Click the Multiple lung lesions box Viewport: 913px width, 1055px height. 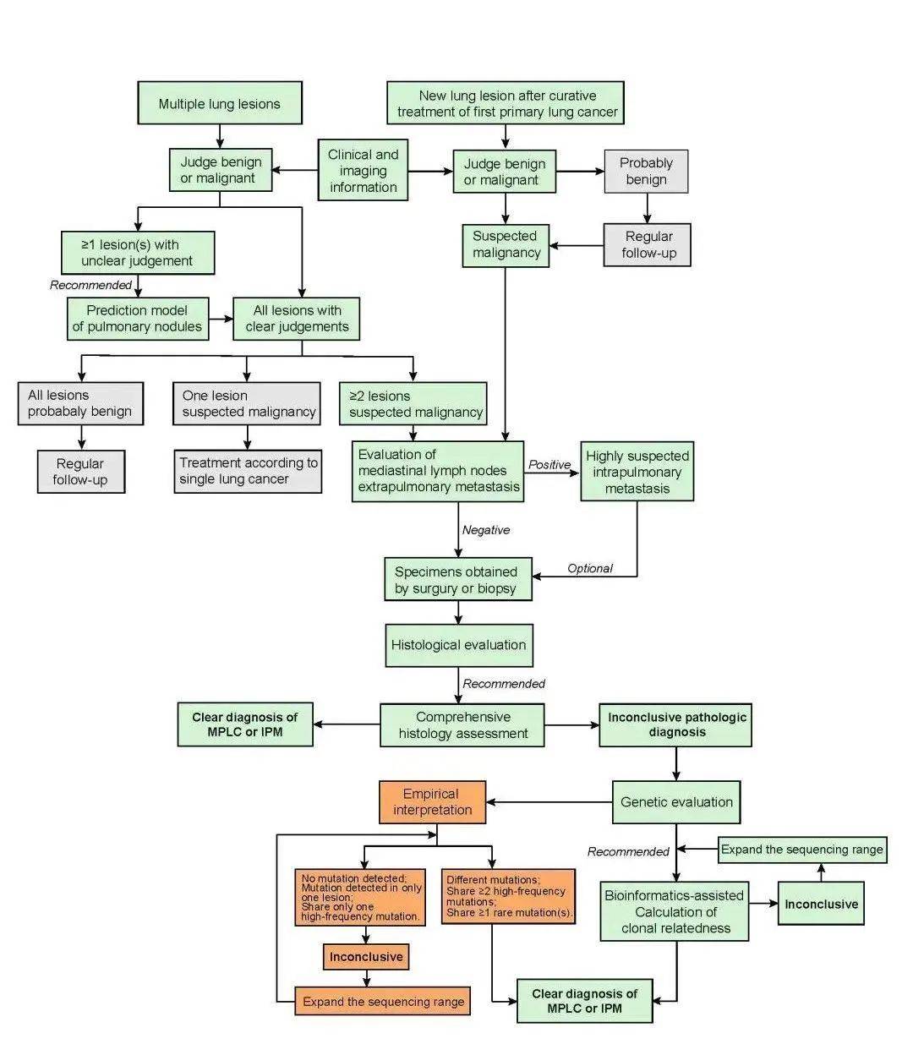click(x=220, y=102)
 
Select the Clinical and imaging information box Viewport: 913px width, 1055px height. click(x=363, y=170)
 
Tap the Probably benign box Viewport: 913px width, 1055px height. click(x=646, y=171)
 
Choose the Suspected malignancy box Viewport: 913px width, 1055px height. click(x=506, y=245)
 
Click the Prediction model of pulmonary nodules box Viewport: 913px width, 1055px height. click(x=138, y=319)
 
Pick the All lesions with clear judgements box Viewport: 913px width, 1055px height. click(x=297, y=319)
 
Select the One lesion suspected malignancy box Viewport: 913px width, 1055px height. click(x=247, y=403)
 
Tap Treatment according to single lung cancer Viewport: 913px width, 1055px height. click(x=248, y=471)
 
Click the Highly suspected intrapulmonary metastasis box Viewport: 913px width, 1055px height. click(x=637, y=471)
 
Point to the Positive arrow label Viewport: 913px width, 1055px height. click(x=549, y=464)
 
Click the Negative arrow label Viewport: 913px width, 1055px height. click(x=486, y=530)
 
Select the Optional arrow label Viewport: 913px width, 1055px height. click(x=590, y=568)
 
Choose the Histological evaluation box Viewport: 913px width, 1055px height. click(x=459, y=645)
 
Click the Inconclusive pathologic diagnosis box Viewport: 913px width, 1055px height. click(x=675, y=724)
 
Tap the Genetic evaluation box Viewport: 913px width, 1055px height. click(x=676, y=802)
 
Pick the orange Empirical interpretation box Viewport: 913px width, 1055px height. click(x=432, y=802)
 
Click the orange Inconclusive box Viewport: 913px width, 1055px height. click(x=366, y=956)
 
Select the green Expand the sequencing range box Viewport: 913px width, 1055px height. click(x=802, y=850)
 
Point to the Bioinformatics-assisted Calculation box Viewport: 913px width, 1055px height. click(x=674, y=911)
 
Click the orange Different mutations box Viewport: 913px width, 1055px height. click(x=508, y=897)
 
